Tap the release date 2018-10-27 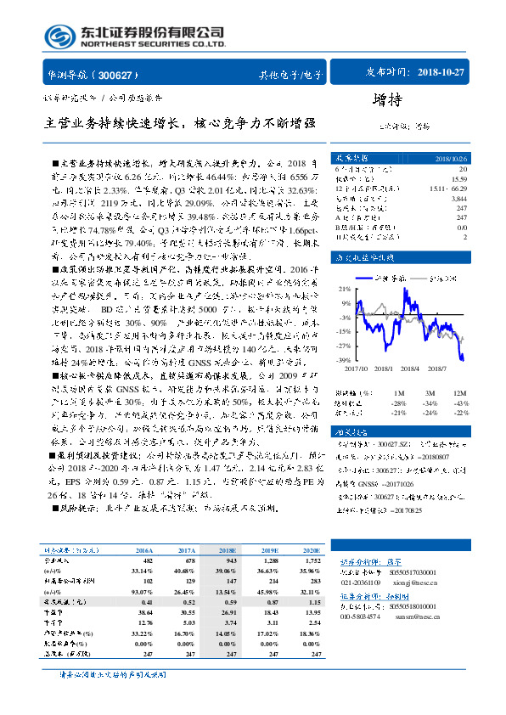(442, 73)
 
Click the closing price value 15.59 (459, 178)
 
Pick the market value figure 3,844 (459, 197)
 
